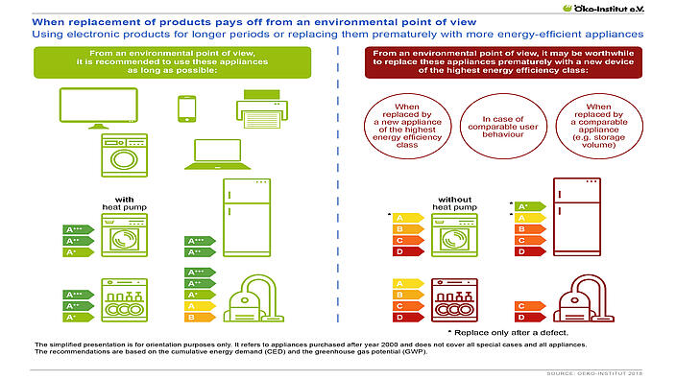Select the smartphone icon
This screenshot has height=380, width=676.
click(x=188, y=109)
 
